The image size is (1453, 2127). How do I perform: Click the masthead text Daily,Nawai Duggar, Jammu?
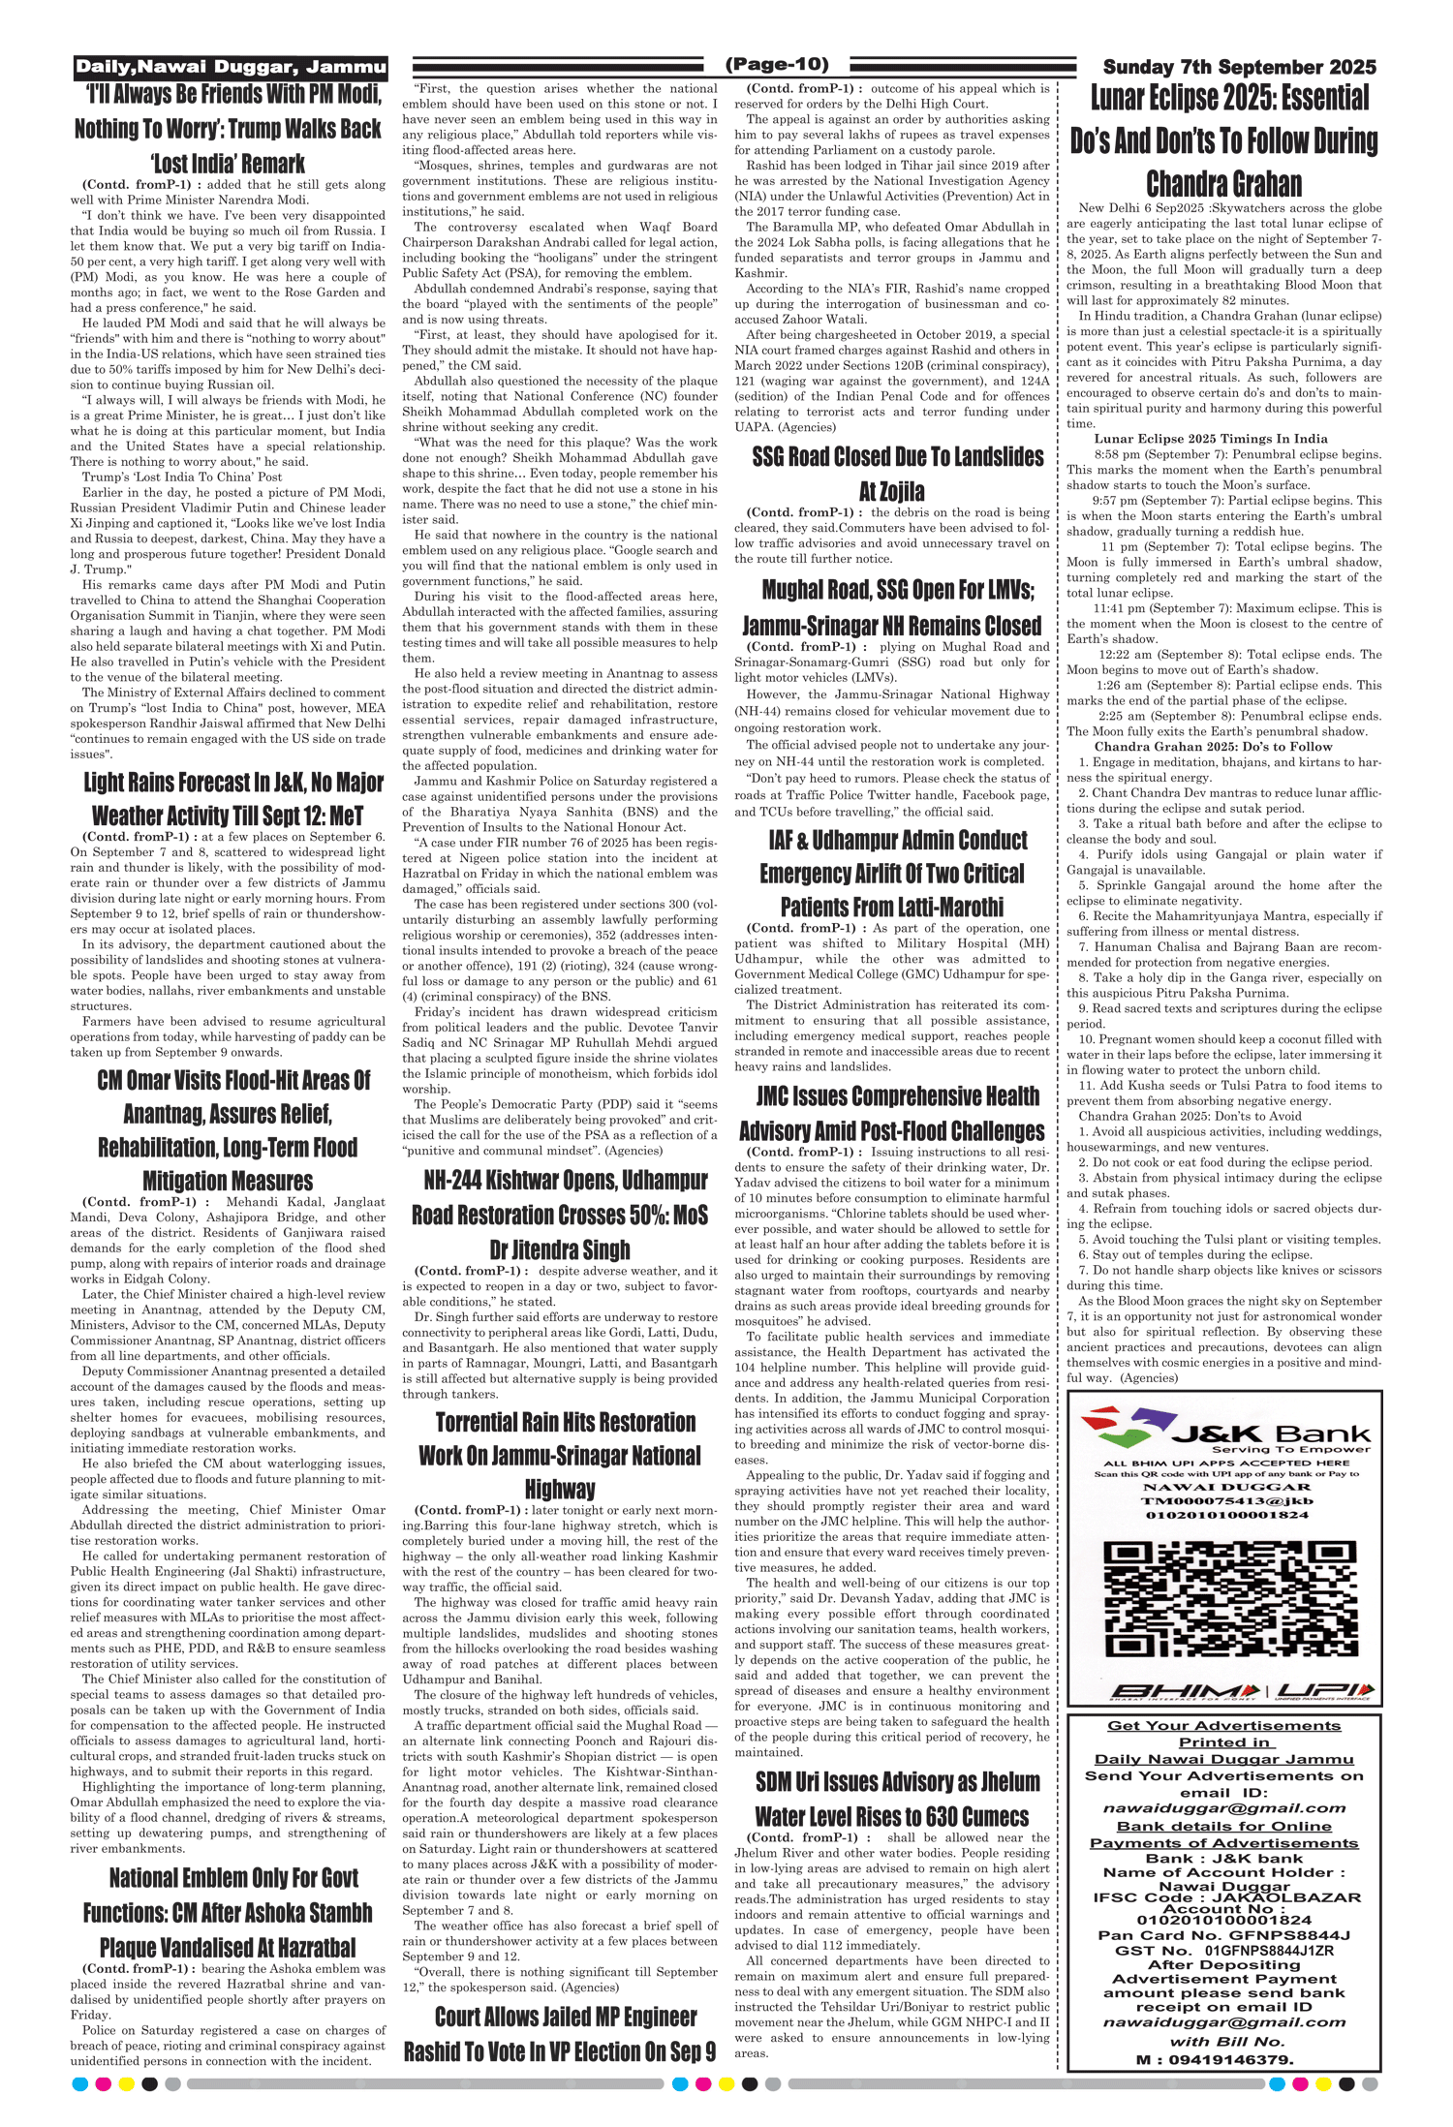coord(231,67)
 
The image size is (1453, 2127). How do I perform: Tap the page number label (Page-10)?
coord(777,64)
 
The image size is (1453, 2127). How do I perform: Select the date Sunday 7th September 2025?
coord(1239,67)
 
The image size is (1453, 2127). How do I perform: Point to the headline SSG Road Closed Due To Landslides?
coord(898,457)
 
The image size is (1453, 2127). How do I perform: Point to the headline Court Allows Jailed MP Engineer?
coord(566,2017)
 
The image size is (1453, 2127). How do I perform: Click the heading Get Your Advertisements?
coord(1223,1726)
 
